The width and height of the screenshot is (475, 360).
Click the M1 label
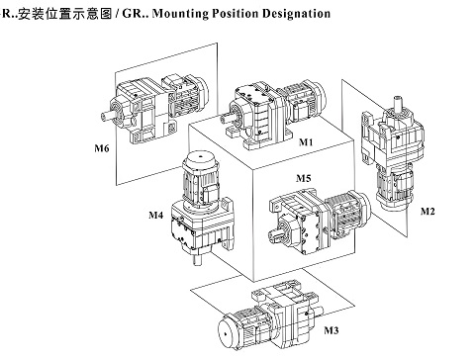[306, 142]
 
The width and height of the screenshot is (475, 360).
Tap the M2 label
[427, 211]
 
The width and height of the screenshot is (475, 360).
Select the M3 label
[332, 330]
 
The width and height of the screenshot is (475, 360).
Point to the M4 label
[155, 216]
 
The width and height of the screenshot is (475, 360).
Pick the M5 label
[304, 178]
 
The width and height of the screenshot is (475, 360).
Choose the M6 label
[102, 148]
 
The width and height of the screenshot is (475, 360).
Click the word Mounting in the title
[180, 14]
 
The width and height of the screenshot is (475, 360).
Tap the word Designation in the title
[296, 14]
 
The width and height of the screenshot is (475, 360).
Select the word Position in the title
[236, 14]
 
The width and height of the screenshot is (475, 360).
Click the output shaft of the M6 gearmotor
[108, 116]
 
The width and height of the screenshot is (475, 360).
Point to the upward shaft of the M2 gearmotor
[398, 103]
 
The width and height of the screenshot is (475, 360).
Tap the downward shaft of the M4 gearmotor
[197, 259]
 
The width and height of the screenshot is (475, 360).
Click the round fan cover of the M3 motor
[228, 334]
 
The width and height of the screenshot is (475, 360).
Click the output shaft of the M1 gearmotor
[228, 117]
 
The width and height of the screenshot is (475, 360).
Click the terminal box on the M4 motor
[211, 194]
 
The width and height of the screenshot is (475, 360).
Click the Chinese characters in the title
[65, 14]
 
